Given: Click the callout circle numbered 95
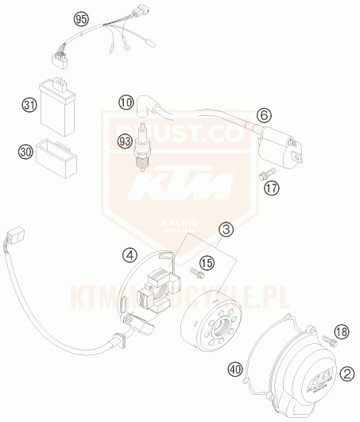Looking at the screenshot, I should coord(81,17).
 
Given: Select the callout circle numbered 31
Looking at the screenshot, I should coord(29,105).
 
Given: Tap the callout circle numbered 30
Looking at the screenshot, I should coord(25,150).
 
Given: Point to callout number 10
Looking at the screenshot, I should coord(125,102).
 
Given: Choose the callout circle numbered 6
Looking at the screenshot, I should coord(265,116).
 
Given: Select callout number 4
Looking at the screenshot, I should coord(130,255).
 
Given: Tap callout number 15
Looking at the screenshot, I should coord(207,261).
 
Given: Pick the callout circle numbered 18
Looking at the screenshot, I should coord(341,331).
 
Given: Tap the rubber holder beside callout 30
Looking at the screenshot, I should coord(55,152).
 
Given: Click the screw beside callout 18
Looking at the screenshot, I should coord(331,342).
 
